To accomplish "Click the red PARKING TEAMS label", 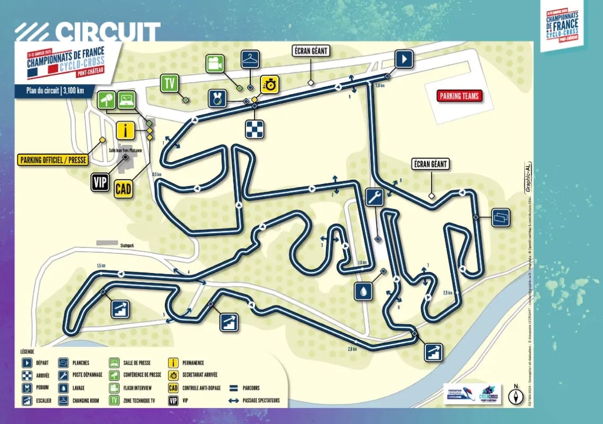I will (x=459, y=96).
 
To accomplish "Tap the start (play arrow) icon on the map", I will (x=404, y=59).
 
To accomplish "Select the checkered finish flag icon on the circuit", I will (x=254, y=129).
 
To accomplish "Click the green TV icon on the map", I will (x=169, y=84).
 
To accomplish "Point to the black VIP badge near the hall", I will (x=100, y=182).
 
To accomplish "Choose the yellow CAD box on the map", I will (x=124, y=189).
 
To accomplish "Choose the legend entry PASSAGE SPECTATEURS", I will (x=261, y=400).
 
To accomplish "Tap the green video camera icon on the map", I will (x=214, y=64).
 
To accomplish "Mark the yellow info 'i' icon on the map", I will (x=125, y=130).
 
